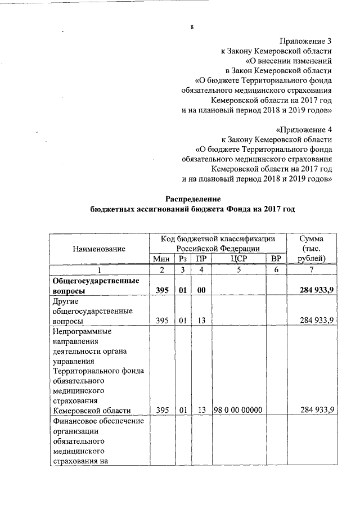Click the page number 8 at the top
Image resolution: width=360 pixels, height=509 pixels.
(191, 28)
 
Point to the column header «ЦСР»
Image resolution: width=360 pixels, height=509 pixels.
(238, 258)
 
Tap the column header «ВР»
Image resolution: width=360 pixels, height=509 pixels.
(276, 258)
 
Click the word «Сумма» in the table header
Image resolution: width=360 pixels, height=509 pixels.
(312, 238)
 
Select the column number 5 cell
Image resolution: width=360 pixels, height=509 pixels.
(238, 269)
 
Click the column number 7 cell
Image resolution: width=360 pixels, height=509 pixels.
(312, 269)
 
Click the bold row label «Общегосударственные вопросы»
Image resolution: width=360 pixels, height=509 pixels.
(94, 286)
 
